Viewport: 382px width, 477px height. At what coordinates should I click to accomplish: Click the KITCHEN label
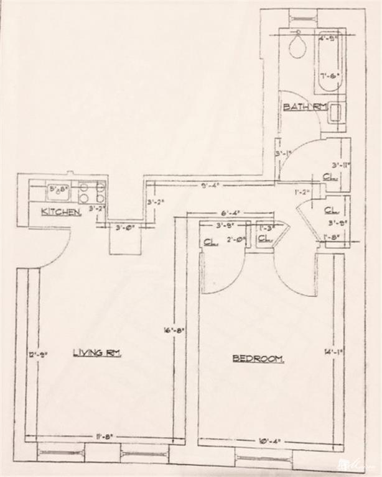61,212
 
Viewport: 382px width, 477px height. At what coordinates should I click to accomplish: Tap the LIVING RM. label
97,353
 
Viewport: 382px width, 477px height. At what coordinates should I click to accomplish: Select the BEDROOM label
258,358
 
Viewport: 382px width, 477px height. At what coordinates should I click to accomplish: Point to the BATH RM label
305,107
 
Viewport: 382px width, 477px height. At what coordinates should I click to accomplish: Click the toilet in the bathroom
298,46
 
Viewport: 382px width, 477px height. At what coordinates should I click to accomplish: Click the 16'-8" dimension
167,331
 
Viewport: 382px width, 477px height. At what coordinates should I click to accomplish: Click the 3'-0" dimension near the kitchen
125,228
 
